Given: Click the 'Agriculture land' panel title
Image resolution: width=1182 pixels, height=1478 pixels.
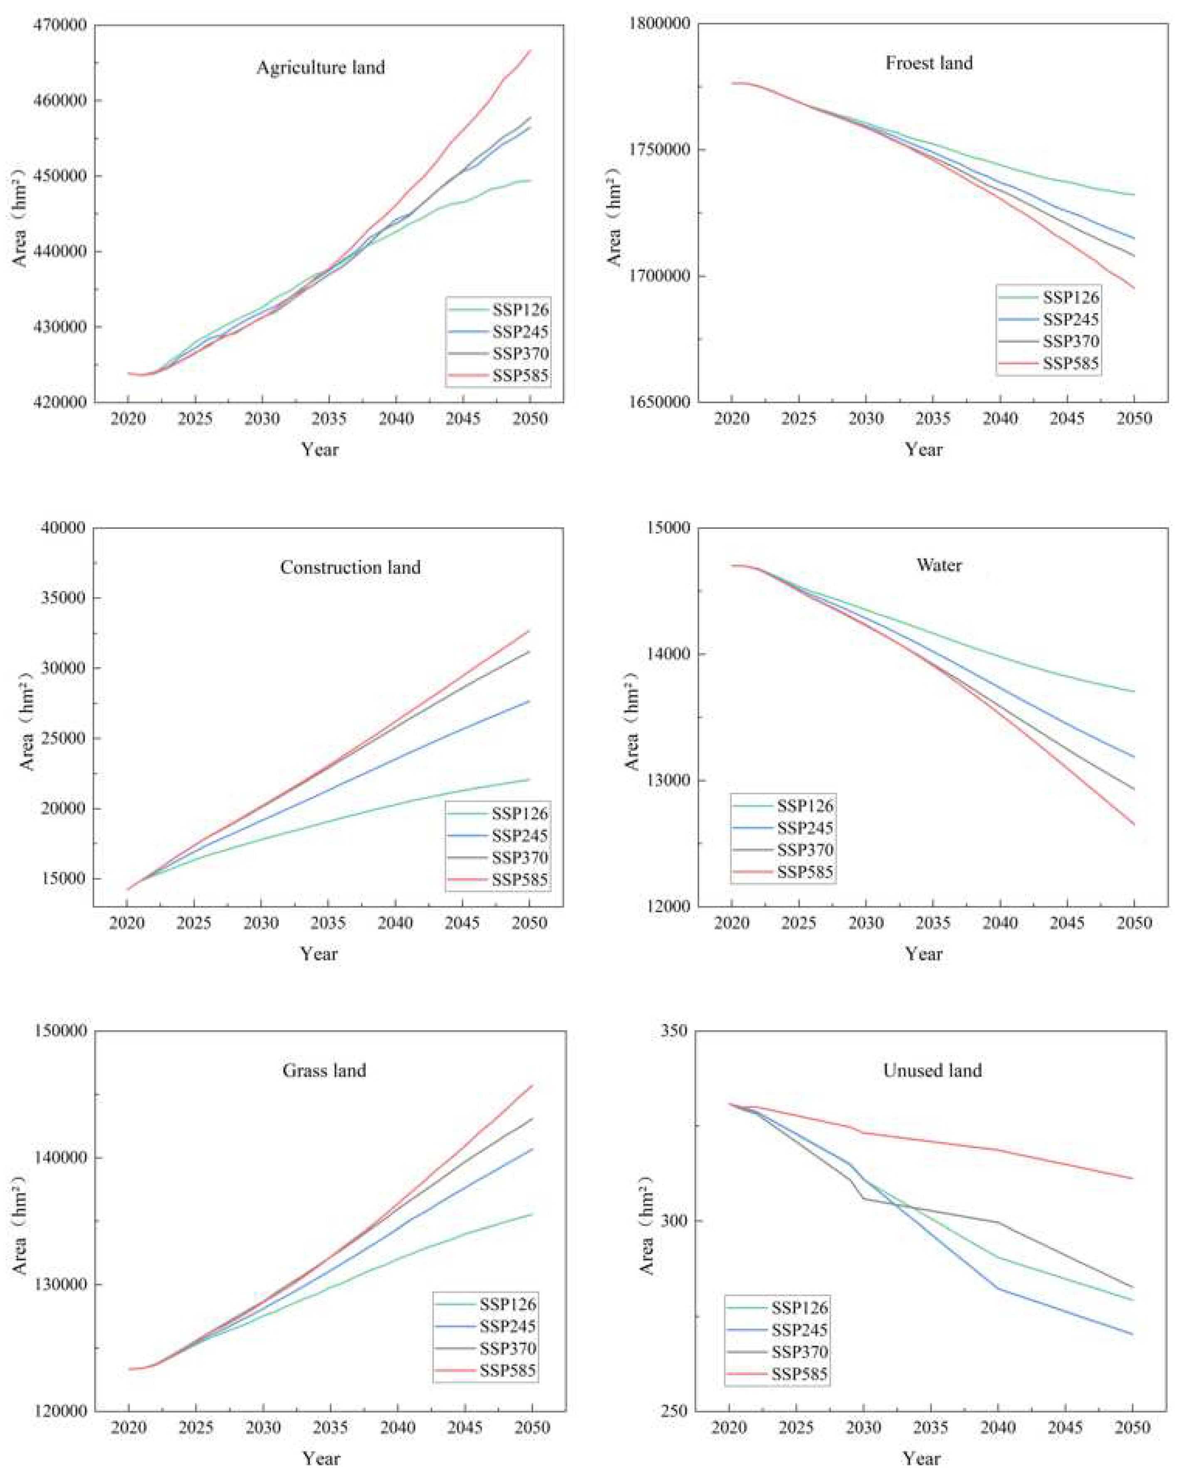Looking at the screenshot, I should coord(321,67).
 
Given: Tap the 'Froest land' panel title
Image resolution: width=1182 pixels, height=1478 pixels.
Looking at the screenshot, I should coord(928,63).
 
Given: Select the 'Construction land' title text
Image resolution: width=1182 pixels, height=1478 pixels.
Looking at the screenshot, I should coord(350,568).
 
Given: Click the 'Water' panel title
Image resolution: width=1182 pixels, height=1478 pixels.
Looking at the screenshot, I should coord(939,565).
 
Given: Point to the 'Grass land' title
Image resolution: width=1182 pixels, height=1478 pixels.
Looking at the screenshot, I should coord(324,1070).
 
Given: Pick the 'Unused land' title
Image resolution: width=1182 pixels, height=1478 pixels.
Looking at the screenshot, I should coord(932,1070).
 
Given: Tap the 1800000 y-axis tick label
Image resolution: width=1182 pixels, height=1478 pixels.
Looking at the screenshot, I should coord(658,23).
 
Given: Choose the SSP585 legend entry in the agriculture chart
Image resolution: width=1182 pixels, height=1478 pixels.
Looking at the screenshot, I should coord(519,376).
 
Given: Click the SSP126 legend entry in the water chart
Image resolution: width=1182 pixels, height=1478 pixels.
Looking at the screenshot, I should coord(804,806).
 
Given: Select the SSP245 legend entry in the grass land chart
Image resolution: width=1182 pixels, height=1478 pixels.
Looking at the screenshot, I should coord(507,1327).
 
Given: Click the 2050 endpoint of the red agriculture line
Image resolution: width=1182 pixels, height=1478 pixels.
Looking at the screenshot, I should coord(530,50).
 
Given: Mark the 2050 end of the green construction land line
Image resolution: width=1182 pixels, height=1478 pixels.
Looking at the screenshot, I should coord(529,779).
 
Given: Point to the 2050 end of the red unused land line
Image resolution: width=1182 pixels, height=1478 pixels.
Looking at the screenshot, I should coord(1133,1178).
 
